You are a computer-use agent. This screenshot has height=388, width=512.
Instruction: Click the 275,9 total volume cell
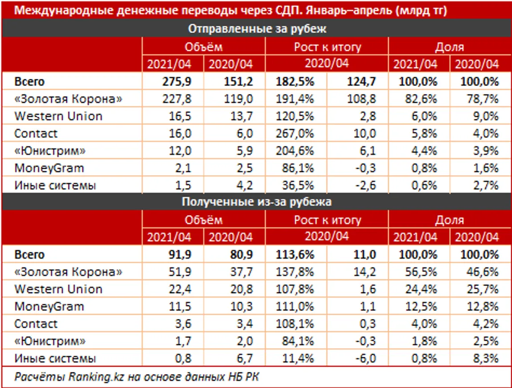point(178,82)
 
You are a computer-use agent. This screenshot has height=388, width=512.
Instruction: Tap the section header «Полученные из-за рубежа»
point(257,202)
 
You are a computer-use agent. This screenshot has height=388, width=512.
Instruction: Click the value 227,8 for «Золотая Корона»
point(178,99)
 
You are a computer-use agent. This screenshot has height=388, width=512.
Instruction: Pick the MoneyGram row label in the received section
point(49,307)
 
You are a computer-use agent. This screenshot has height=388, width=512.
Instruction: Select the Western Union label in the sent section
point(58,116)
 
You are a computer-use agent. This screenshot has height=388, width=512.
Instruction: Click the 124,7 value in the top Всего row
point(363,82)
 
